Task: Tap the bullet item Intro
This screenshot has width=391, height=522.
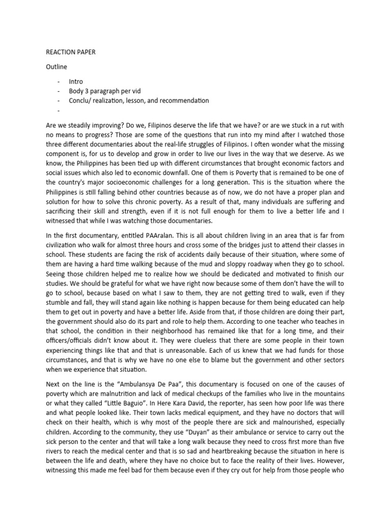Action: tap(76, 82)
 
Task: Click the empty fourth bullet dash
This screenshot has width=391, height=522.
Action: tap(59, 110)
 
